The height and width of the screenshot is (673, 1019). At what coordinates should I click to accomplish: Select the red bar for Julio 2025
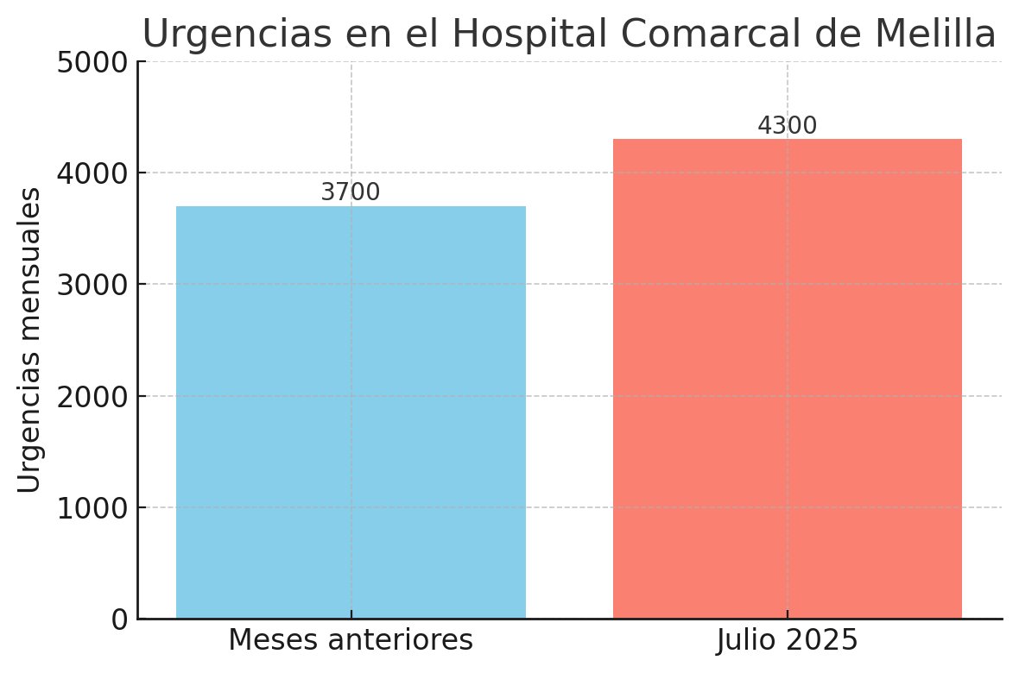point(787,379)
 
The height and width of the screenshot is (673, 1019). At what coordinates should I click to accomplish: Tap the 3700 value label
point(350,193)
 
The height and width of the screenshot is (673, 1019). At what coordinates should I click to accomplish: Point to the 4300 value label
point(787,126)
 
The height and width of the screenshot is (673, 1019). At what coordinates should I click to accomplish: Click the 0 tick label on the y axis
point(118,620)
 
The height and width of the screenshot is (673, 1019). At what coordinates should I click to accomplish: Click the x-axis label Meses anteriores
point(351,641)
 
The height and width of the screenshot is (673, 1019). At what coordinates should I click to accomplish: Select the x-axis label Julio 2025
point(787,641)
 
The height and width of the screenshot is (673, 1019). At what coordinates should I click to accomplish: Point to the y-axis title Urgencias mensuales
point(29,340)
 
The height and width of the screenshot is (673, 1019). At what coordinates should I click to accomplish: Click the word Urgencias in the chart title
point(231,35)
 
